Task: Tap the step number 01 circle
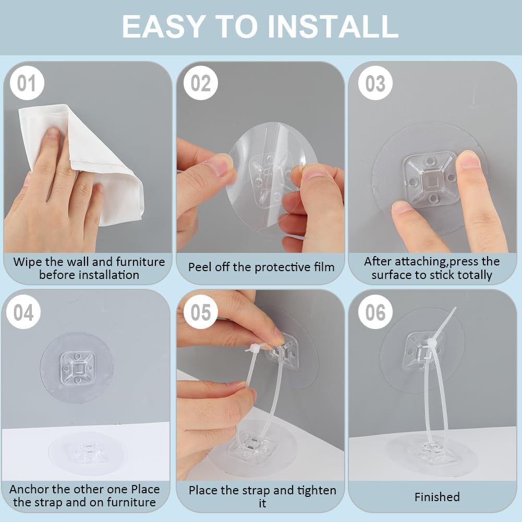(x=26, y=83)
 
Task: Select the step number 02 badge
(x=200, y=83)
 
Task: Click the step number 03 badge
(x=375, y=83)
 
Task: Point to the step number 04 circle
(x=23, y=312)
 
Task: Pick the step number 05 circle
(x=200, y=312)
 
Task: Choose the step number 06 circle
(x=375, y=312)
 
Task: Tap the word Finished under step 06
(x=437, y=497)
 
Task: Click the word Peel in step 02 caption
(x=199, y=268)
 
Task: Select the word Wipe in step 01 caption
(x=26, y=262)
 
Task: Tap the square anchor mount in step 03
(x=430, y=179)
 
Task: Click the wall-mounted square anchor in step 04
(x=77, y=367)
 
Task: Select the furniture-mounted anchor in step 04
(x=83, y=452)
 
